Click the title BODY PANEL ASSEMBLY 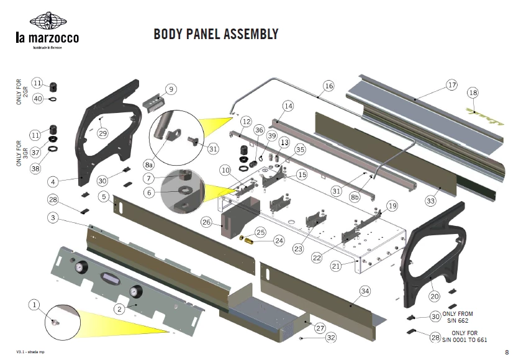215,34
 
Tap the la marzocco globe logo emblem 47,21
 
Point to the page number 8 507,352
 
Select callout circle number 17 451,84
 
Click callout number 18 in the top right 473,93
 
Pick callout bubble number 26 207,222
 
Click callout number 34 365,290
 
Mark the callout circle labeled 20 435,296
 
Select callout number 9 171,89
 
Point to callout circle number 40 37,98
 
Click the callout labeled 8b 355,197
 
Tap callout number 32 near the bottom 330,338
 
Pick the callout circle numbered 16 328,86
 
